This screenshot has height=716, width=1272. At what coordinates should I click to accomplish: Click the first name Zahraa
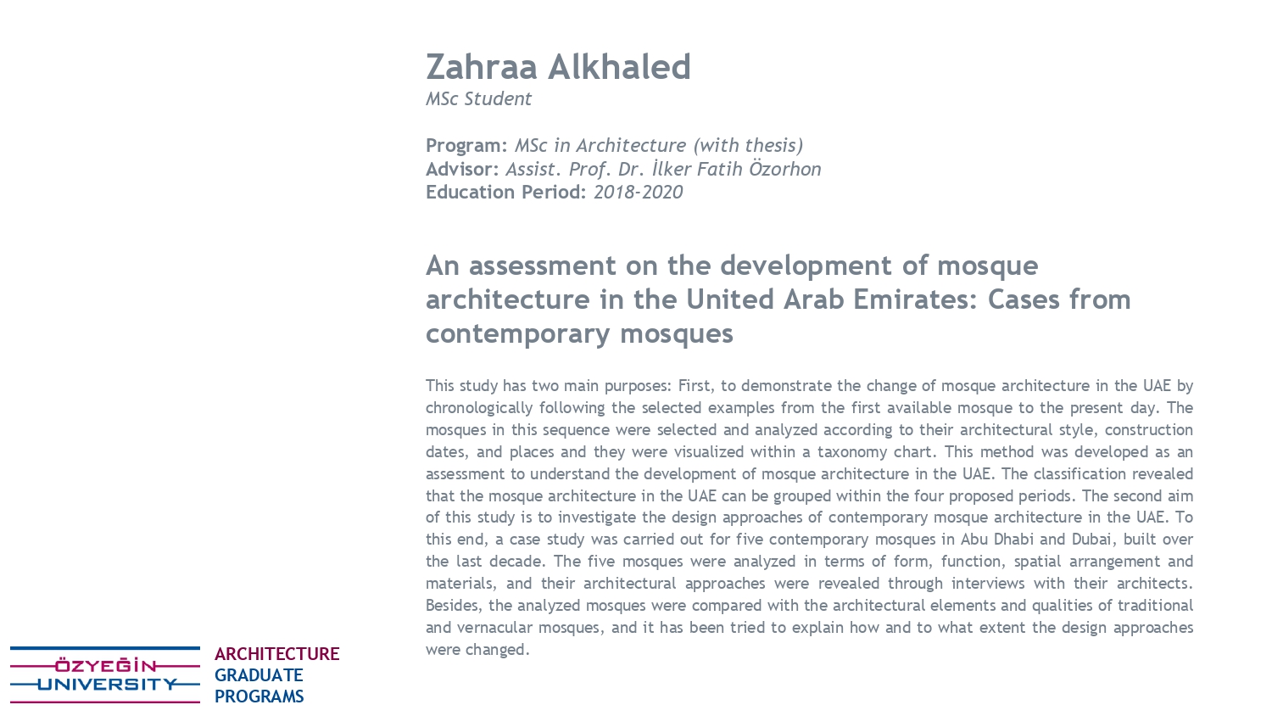point(483,67)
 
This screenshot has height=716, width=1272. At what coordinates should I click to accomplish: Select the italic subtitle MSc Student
point(478,98)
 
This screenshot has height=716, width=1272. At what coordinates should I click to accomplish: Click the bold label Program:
point(466,145)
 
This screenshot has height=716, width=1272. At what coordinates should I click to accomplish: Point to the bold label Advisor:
point(462,169)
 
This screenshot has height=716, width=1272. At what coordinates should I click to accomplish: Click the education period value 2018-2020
point(638,192)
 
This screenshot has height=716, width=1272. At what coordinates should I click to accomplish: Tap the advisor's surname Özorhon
point(784,169)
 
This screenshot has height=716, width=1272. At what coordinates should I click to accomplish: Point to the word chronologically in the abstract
point(478,407)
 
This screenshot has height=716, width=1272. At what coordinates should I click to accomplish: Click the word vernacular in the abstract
point(495,627)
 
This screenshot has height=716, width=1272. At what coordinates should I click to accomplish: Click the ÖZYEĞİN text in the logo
point(106,666)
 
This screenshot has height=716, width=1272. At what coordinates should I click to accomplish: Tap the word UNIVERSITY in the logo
point(106,685)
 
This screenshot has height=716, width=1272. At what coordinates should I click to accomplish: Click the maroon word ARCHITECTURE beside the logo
point(276,654)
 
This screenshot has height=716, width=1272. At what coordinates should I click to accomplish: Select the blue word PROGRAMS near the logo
point(259,696)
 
